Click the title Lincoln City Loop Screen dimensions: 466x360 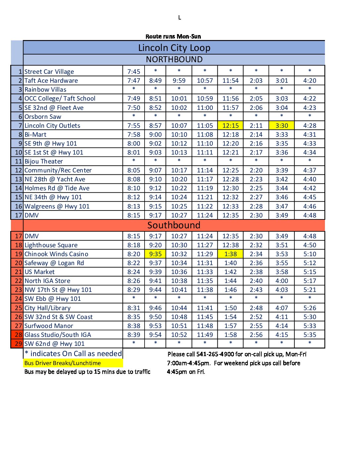pos(174,48)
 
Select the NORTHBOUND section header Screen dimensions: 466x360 pos(174,60)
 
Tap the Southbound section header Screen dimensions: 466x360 pos(174,225)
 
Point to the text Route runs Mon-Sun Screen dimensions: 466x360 pos(173,36)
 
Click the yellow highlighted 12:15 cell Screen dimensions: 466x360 pos(230,126)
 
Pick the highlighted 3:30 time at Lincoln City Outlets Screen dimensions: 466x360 pos(282,126)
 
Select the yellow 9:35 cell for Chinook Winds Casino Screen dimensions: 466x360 pos(155,254)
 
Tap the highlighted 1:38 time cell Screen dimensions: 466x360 pos(230,254)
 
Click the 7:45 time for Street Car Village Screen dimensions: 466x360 pos(134,72)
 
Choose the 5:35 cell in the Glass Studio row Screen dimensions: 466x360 pos(310,335)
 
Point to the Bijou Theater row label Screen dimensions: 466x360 pos(44,162)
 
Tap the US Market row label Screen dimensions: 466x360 pos(40,272)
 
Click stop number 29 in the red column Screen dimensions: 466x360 pos(19,344)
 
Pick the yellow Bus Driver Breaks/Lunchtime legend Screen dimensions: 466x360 pos(63,363)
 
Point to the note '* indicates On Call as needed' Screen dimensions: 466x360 pos(73,354)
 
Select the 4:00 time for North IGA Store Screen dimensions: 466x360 pos(282,281)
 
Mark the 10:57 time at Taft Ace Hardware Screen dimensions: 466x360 pos(205,81)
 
